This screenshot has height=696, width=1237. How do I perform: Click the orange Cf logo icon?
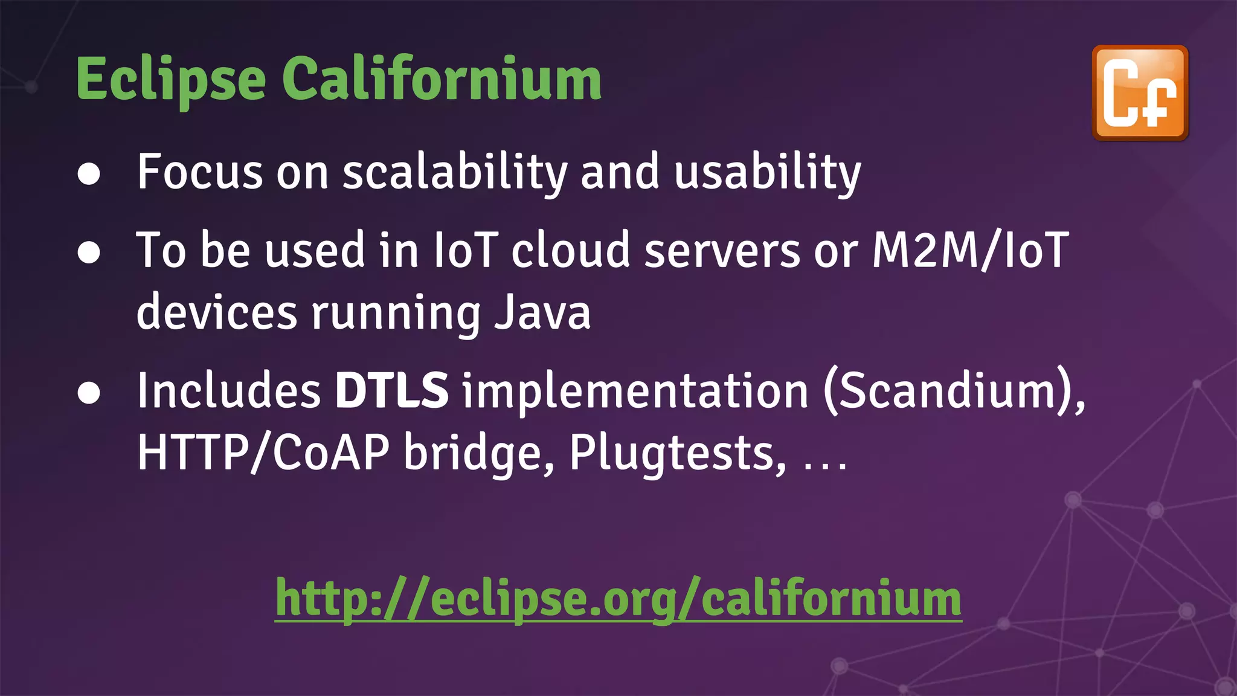coord(1140,93)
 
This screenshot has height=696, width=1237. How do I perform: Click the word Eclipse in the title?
coord(171,80)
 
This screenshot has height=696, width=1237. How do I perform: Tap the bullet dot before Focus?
coord(89,174)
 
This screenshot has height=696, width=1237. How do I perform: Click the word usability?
coord(767,173)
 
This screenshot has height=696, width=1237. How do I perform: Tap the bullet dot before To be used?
coord(89,252)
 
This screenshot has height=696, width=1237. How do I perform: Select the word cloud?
coord(571,250)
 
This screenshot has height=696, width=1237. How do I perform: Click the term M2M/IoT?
coord(970,250)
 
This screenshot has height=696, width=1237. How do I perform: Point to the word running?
coord(395,314)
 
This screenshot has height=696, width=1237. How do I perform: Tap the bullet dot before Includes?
coord(89,393)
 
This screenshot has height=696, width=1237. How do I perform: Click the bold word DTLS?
coord(391,391)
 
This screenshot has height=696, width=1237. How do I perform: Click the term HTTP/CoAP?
coord(263,453)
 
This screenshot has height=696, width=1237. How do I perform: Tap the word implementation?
coord(635,392)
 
